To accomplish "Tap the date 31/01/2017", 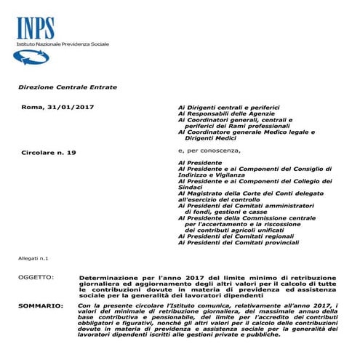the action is tap(75, 108).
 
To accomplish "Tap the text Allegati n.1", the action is tap(33, 259).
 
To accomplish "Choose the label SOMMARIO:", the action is tap(39, 306).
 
